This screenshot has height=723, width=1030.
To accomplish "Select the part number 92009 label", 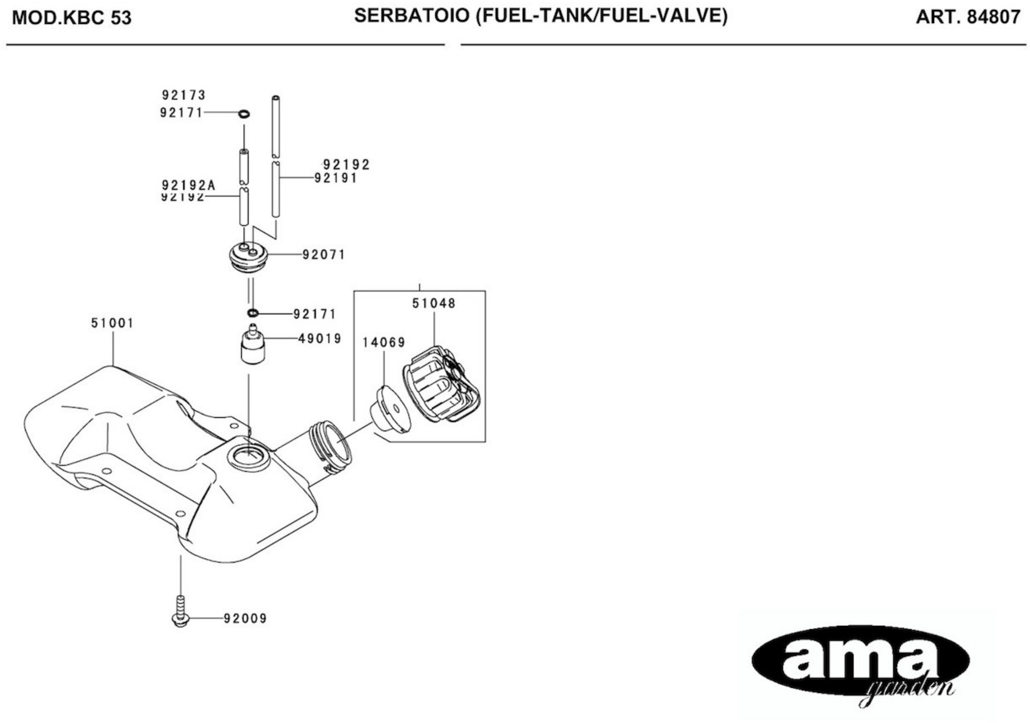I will (x=245, y=619).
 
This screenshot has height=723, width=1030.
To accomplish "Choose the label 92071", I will (x=323, y=255).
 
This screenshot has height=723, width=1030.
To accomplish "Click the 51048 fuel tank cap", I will (x=442, y=384).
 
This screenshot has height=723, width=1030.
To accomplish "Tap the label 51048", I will (x=434, y=304).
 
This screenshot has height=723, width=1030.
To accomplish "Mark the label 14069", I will (x=384, y=343).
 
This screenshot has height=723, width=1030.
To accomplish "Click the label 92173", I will (x=183, y=95).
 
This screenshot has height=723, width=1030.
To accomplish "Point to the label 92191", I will (x=336, y=178).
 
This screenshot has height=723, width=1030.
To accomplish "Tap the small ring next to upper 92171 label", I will (x=244, y=114).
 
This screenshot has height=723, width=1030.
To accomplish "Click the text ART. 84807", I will (x=968, y=17).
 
